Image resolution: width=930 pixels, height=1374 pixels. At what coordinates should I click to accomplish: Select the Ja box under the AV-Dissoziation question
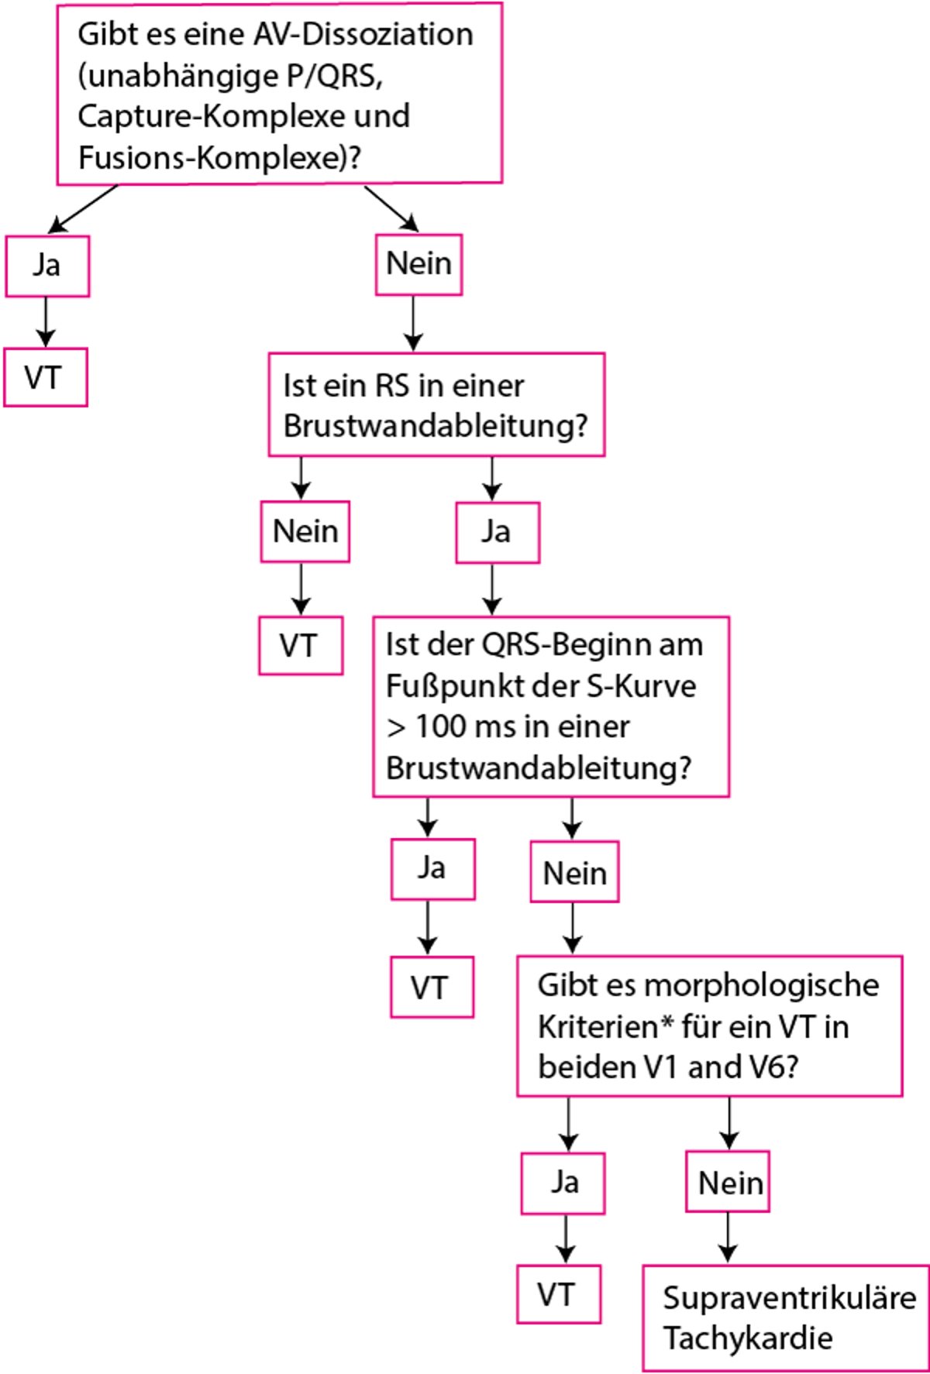[47, 266]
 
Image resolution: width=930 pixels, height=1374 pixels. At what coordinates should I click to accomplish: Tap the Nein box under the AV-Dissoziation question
[418, 264]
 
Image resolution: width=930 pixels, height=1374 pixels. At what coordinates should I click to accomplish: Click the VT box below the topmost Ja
[45, 378]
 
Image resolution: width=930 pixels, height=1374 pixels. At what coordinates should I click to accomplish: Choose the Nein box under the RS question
[305, 531]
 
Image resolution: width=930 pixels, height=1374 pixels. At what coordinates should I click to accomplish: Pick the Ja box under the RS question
[497, 532]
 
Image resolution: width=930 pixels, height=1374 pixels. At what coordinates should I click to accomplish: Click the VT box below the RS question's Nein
[301, 645]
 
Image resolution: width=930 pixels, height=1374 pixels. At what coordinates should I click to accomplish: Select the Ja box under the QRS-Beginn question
[432, 868]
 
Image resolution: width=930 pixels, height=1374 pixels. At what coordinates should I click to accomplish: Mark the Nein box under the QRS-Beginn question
[574, 872]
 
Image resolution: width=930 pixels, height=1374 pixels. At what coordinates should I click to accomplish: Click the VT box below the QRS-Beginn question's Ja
[431, 987]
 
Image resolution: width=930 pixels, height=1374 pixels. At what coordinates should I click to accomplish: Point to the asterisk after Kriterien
[667, 1022]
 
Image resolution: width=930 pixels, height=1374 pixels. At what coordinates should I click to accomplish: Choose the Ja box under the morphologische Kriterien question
[563, 1182]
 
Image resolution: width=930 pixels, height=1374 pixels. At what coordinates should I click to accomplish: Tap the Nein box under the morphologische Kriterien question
[728, 1182]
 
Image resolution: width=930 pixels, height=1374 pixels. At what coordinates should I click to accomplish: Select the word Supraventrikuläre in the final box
[789, 1297]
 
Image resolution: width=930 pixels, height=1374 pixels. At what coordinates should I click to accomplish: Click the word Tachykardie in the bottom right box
[748, 1338]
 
